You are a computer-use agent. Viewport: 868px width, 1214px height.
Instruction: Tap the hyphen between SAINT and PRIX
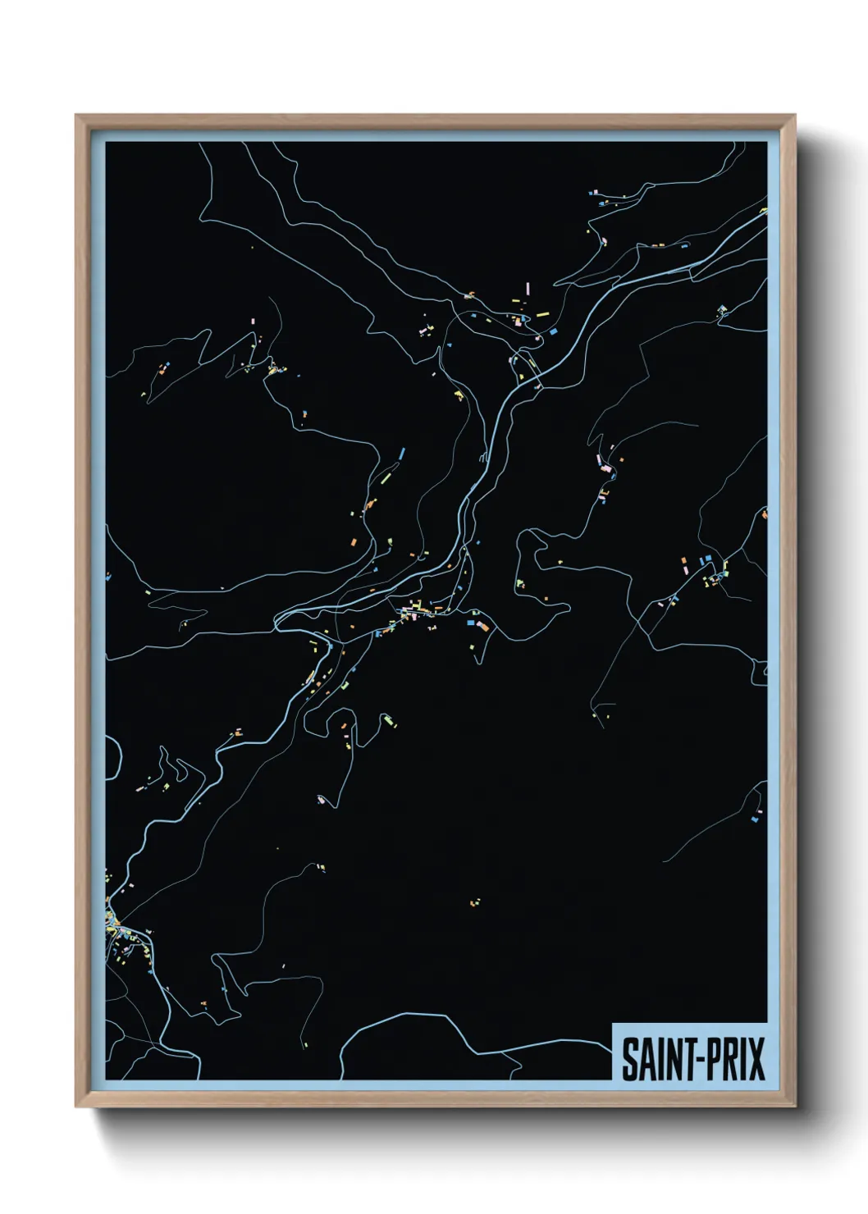[694, 1061]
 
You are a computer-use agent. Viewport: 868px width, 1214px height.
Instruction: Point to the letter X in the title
[756, 1059]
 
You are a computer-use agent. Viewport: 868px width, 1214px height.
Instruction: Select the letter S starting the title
[628, 1059]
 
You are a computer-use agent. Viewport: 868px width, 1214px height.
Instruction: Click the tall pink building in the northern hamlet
[528, 289]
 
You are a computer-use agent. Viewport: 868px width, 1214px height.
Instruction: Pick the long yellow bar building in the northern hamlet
[542, 314]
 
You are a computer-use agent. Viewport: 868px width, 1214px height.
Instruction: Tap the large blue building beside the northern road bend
[553, 332]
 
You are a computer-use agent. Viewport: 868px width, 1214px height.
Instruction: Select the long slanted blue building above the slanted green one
[401, 454]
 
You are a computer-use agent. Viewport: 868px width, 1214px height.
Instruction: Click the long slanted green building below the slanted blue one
[386, 473]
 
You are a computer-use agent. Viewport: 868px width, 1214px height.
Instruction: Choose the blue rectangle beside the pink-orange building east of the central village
[471, 623]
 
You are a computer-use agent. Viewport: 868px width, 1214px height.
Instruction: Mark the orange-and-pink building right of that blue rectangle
[483, 627]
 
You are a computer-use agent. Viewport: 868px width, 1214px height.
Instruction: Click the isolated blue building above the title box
[756, 817]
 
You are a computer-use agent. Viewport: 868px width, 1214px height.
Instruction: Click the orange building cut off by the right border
[765, 515]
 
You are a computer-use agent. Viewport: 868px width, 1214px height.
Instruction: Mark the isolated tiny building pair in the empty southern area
[473, 903]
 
